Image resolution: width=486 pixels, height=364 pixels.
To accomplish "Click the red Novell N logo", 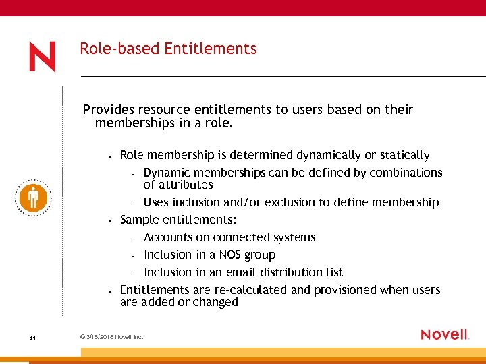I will pyautogui.click(x=42, y=57).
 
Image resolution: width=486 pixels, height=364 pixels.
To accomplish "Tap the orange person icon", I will pyautogui.click(x=32, y=198).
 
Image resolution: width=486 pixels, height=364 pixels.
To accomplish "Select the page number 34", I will pyautogui.click(x=32, y=337).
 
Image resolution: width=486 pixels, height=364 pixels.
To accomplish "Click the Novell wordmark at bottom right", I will pyautogui.click(x=444, y=334).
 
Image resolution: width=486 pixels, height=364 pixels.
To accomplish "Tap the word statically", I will pyautogui.click(x=404, y=156).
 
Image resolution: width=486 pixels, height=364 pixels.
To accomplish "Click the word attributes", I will pyautogui.click(x=186, y=185).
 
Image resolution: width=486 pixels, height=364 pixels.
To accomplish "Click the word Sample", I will pyautogui.click(x=140, y=220).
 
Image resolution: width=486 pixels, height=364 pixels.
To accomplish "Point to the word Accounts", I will pyautogui.click(x=168, y=237).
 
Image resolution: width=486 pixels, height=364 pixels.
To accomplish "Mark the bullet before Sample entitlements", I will pyautogui.click(x=109, y=220).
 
